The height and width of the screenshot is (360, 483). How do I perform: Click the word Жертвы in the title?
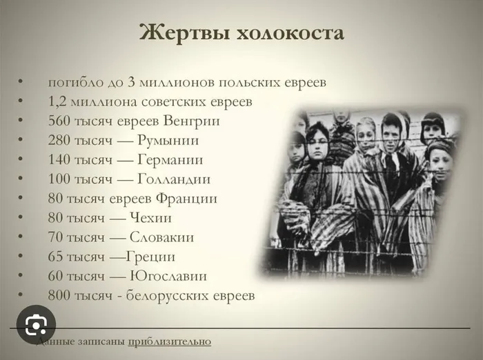(184, 32)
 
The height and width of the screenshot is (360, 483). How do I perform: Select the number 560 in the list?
(59, 121)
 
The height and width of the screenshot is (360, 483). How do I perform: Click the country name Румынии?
(168, 141)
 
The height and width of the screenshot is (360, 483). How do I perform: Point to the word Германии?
(170, 159)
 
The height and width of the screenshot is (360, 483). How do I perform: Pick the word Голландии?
(174, 179)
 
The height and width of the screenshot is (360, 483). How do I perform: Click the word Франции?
(186, 199)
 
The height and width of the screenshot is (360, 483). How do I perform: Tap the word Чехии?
(150, 218)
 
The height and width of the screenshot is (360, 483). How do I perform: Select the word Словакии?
(161, 237)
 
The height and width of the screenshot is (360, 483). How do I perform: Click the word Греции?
(150, 257)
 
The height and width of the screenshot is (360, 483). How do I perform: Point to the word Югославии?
(168, 276)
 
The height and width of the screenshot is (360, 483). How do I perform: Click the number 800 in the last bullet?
(59, 295)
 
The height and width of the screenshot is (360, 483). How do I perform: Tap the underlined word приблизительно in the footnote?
(170, 342)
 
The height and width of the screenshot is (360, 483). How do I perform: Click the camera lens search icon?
(36, 325)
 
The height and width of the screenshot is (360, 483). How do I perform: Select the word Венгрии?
(191, 121)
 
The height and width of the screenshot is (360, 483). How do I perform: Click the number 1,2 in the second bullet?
(57, 102)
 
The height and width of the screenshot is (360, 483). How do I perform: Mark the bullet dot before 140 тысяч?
(20, 159)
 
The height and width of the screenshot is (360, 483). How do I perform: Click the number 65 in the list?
(55, 257)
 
